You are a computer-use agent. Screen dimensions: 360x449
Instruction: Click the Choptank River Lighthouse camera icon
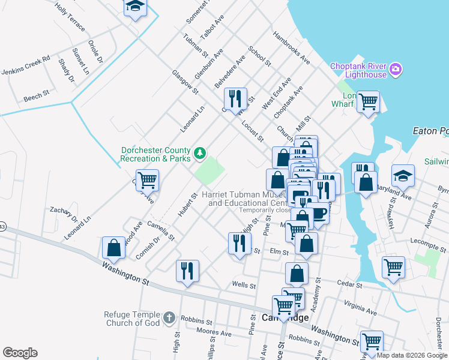tap(396, 70)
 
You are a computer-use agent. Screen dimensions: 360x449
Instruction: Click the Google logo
tap(20, 353)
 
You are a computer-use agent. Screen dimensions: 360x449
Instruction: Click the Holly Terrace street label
tap(70, 16)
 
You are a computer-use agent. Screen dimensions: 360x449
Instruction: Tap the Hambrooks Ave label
tap(292, 48)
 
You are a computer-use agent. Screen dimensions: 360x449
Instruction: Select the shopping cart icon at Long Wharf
tap(367, 100)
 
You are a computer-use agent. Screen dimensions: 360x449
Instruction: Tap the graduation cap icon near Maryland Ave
tap(403, 175)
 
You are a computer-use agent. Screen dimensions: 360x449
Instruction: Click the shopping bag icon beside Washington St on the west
tap(113, 247)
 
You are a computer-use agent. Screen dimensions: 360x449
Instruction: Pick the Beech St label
tap(37, 96)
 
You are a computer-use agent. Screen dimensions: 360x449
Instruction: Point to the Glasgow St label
tap(185, 81)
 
